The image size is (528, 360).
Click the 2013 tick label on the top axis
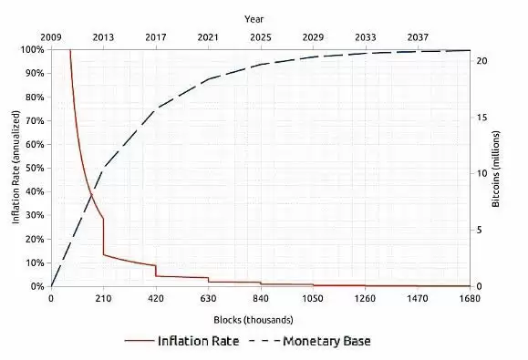click(104, 38)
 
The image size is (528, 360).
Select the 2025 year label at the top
click(261, 38)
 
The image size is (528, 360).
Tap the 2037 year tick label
click(419, 38)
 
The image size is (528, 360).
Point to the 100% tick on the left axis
click(32, 49)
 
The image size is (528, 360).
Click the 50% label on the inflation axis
click(35, 168)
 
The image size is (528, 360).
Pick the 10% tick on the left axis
click(35, 262)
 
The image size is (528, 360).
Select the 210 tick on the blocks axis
click(104, 298)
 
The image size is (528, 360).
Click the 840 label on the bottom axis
click(261, 298)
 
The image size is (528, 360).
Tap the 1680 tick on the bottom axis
click(470, 298)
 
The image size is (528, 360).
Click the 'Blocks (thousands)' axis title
click(261, 318)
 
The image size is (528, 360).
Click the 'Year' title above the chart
click(261, 18)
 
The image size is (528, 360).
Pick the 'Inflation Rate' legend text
click(199, 341)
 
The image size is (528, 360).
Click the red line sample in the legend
click(140, 342)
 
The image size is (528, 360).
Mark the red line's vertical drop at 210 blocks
click(104, 236)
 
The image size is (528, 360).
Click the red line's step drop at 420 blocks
click(156, 270)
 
